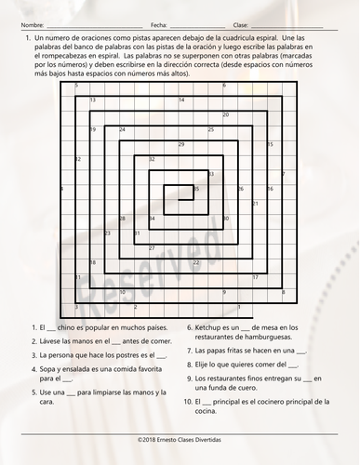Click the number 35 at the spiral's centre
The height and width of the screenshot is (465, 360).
(x=194, y=189)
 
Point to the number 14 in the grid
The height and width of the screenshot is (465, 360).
(x=181, y=100)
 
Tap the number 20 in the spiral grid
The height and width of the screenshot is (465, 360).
(x=226, y=115)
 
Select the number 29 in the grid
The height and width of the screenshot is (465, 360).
(x=180, y=144)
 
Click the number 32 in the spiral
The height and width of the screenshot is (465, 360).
(x=152, y=159)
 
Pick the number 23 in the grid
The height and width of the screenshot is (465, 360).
(x=107, y=233)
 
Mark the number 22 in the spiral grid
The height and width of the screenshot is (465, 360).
(x=196, y=263)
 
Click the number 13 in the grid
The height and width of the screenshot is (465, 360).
(x=92, y=100)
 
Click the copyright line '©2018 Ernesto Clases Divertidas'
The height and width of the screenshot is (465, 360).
(x=180, y=449)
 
